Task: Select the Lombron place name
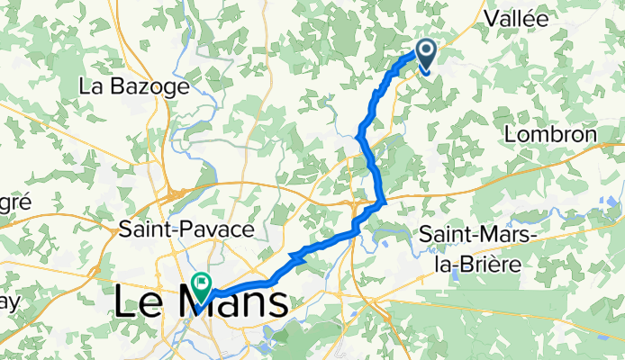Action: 551,134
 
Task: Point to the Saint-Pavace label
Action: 186,229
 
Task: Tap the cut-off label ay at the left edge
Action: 9,302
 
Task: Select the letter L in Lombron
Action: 511,134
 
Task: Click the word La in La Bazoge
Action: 91,87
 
